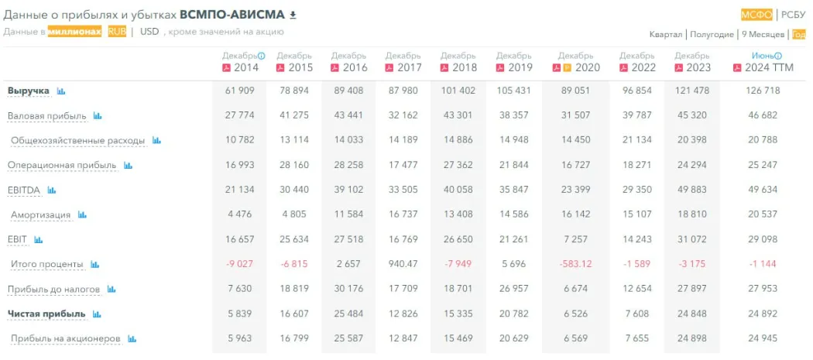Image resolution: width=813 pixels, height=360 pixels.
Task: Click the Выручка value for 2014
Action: point(240,91)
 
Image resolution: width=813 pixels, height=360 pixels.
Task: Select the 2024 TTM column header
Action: point(763,67)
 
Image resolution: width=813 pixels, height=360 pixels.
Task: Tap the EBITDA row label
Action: point(22,190)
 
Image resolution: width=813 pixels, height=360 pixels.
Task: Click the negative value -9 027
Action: point(240,264)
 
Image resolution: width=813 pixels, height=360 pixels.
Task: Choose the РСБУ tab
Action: point(793,14)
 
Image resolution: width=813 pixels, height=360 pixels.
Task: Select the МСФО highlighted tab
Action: point(756,14)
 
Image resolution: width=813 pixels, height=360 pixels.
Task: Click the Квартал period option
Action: point(666,35)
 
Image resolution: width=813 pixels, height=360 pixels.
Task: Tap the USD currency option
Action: point(150,32)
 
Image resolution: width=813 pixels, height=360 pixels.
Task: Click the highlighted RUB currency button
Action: point(117,32)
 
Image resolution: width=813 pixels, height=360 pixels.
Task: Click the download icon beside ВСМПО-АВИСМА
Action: point(293,15)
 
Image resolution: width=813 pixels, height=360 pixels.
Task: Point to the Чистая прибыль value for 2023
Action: point(692,314)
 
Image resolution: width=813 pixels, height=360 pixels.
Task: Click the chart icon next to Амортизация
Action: point(82,215)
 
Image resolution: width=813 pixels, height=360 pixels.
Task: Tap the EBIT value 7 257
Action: point(576,239)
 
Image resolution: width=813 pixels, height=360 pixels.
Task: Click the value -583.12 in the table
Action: point(575,264)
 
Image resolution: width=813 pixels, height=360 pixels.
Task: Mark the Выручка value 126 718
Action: point(763,91)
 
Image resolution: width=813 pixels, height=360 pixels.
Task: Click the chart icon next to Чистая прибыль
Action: point(97,314)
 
